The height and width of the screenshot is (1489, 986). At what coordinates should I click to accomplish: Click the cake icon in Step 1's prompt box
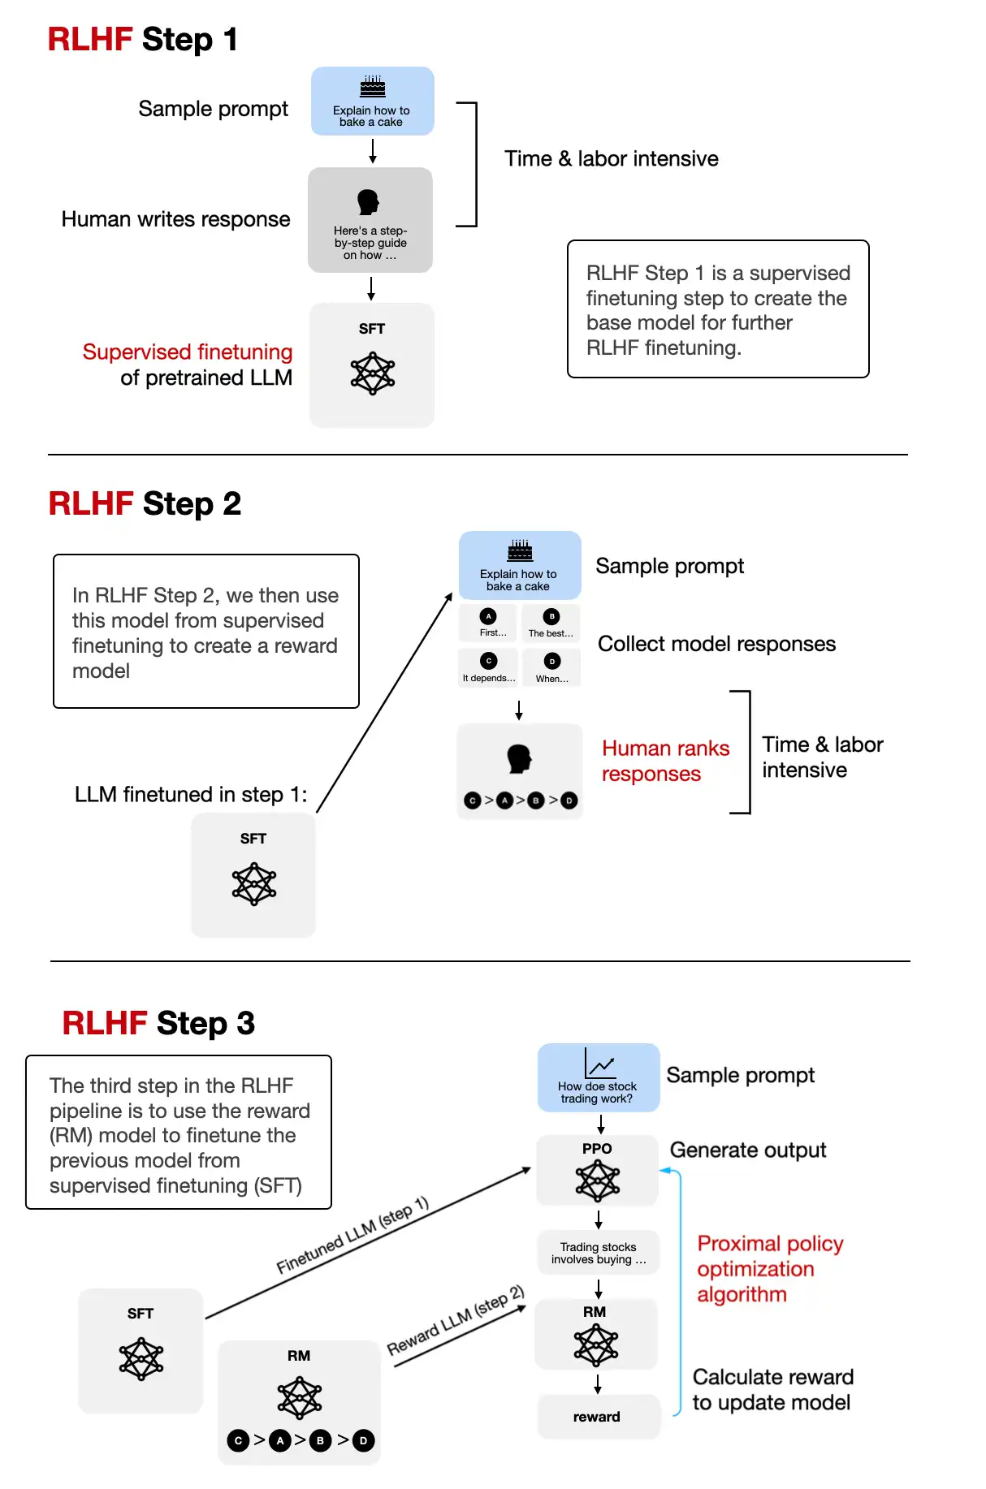click(373, 86)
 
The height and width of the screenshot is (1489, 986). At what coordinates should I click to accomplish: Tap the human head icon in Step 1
click(368, 202)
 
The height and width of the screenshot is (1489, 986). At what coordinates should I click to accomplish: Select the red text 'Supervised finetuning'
click(188, 352)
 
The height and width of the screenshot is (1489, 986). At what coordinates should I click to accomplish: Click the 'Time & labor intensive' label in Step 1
click(611, 158)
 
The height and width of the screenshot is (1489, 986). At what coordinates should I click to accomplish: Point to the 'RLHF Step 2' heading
click(145, 503)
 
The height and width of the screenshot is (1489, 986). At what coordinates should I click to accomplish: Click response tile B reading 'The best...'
click(551, 623)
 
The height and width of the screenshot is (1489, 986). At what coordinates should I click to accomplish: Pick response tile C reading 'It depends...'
click(488, 667)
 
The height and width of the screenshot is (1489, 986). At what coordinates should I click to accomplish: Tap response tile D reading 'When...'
click(552, 667)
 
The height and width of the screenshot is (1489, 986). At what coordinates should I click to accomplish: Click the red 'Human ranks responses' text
click(665, 761)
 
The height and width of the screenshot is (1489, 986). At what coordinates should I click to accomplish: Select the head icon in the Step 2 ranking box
click(519, 758)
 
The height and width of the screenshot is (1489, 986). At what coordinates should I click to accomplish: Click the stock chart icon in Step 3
click(599, 1064)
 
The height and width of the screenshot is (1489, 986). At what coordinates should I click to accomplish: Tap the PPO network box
click(597, 1170)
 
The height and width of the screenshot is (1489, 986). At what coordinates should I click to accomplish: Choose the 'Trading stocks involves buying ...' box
click(598, 1253)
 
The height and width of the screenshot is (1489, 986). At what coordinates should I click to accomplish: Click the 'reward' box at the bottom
click(597, 1417)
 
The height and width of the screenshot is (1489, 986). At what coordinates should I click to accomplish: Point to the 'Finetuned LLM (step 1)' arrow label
click(352, 1235)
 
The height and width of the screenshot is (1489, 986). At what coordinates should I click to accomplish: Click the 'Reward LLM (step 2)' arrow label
click(455, 1320)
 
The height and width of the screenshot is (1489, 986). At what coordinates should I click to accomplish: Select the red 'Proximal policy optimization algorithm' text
click(769, 1268)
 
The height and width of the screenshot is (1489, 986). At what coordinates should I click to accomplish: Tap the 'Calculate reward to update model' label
click(772, 1389)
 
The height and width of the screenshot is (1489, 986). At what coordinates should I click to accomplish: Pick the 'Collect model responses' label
click(716, 644)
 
